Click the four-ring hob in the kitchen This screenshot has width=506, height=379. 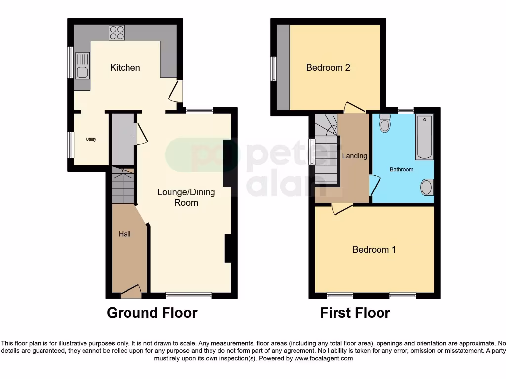point(117,33)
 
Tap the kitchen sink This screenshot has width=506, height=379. point(82,67)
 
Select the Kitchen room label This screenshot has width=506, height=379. point(125,68)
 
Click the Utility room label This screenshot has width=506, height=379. point(91,139)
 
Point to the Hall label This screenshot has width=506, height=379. point(125,234)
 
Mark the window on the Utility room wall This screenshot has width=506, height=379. point(71,145)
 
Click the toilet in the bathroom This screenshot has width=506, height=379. point(384,123)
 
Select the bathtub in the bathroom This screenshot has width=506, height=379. point(424,137)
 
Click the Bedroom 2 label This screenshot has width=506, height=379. point(328,68)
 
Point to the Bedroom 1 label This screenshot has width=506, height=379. point(374,250)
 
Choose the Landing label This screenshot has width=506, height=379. point(355,156)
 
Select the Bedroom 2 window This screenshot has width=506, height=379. point(273,68)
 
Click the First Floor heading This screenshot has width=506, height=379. point(355,313)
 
